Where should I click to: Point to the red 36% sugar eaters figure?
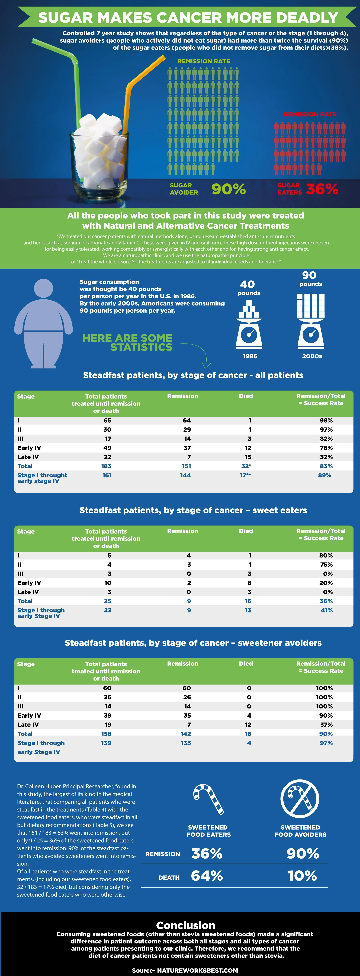[322, 189]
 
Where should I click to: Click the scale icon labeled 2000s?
[311, 322]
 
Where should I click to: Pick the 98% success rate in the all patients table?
[326, 420]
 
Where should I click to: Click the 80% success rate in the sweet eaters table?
[326, 556]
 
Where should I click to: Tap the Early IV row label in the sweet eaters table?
[29, 583]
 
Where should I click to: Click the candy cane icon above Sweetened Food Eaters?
[208, 800]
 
